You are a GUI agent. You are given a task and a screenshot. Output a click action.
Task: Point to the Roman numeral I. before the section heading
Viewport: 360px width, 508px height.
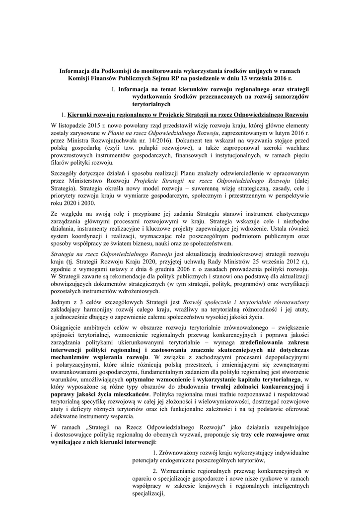pos(114,89)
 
